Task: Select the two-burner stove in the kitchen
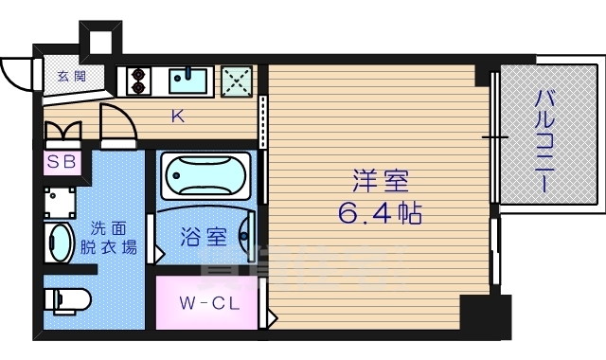pos(136,81)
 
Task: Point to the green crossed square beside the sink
pos(236,81)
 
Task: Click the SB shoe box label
pos(62,161)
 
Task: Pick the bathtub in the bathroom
pos(204,176)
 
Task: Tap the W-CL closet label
pos(207,304)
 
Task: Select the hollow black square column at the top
pos(98,38)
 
